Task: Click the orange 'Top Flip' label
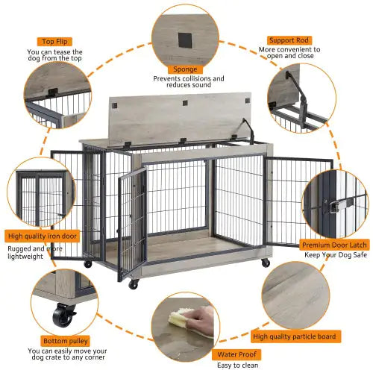(x=56, y=42)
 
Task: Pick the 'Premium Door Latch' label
(x=335, y=244)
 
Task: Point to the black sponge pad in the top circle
(x=183, y=37)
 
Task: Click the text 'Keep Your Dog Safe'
(x=335, y=256)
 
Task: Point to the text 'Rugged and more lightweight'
(x=35, y=252)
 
